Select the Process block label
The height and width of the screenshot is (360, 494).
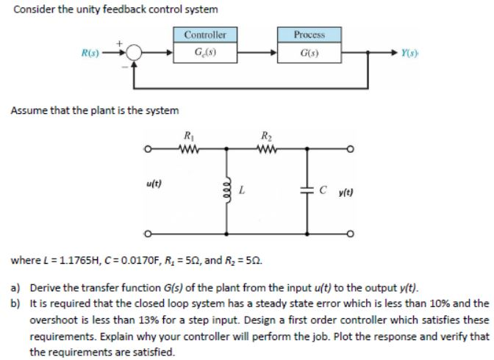point(309,35)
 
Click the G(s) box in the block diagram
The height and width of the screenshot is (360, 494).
point(309,53)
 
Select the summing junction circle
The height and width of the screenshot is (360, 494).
point(135,54)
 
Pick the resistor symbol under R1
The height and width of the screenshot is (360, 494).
point(189,152)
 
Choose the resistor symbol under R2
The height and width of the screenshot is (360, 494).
point(264,152)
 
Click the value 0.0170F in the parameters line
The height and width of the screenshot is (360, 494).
point(132,260)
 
